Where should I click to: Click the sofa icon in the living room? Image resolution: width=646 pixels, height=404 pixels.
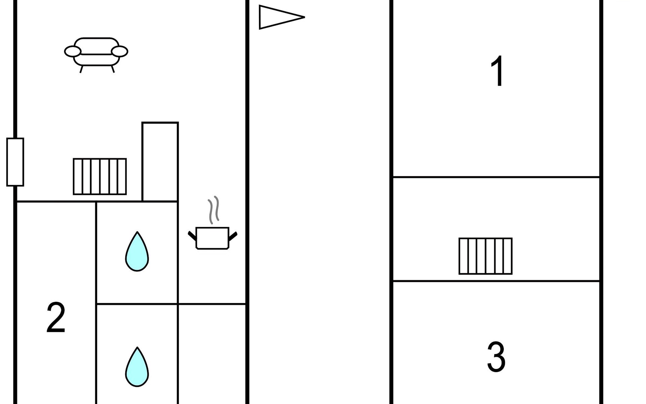click(x=96, y=52)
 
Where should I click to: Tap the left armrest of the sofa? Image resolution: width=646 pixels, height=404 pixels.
click(x=73, y=52)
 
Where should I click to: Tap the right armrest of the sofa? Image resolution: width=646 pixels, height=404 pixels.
click(x=119, y=52)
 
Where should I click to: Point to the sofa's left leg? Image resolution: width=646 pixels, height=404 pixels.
click(x=81, y=69)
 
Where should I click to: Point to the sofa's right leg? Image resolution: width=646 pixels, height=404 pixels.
click(x=113, y=69)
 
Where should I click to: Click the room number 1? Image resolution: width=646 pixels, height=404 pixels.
click(x=497, y=71)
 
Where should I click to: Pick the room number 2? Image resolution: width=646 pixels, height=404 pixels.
click(x=56, y=317)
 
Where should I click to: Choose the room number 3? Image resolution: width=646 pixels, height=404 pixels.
click(x=496, y=357)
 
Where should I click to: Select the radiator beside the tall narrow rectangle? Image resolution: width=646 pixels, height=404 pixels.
click(x=100, y=176)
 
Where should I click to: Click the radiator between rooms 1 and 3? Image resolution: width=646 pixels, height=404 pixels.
click(x=486, y=256)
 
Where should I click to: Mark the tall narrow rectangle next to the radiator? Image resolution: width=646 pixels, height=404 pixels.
click(x=160, y=162)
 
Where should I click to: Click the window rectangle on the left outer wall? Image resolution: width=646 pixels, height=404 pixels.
click(x=15, y=162)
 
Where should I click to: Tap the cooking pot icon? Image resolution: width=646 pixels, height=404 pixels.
click(x=212, y=238)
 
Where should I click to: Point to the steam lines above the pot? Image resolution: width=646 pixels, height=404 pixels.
click(x=214, y=210)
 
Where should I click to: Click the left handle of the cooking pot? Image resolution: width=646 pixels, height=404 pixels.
click(x=192, y=236)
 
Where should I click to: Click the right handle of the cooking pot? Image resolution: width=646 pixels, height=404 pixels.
click(x=233, y=236)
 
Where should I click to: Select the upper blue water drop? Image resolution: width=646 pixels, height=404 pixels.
click(x=137, y=252)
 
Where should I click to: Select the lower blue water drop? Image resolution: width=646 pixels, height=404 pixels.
click(x=137, y=368)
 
